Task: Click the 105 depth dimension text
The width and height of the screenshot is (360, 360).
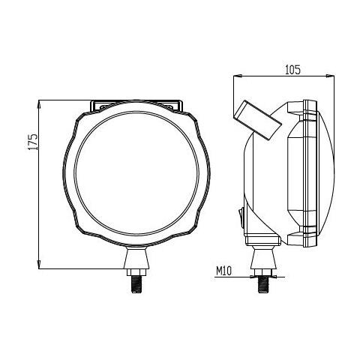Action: pyautogui.click(x=292, y=70)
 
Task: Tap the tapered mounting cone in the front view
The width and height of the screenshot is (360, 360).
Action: pyautogui.click(x=137, y=258)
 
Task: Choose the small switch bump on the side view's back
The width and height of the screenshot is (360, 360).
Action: pyautogui.click(x=241, y=217)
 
